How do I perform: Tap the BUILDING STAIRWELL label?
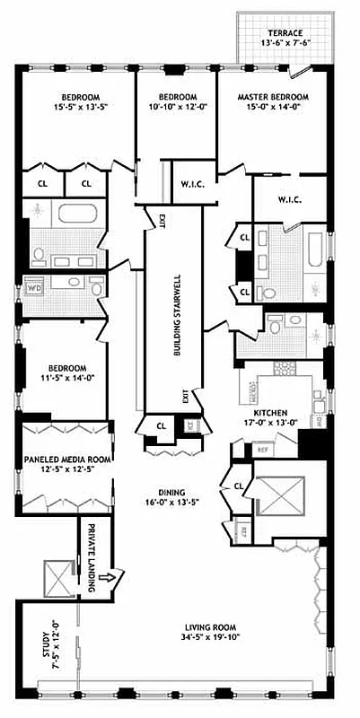click(177, 313)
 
